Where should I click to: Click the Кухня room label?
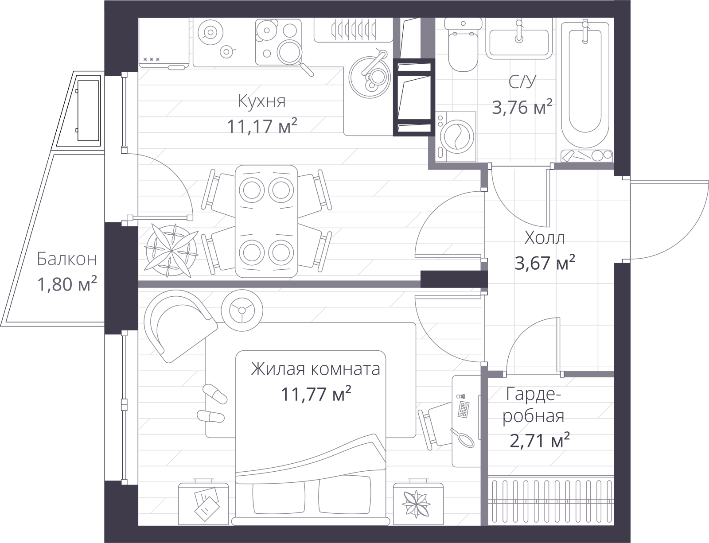[262, 101]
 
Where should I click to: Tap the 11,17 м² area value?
[262, 126]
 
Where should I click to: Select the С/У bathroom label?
[522, 81]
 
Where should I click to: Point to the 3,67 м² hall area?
[545, 263]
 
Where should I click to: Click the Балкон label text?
[67, 259]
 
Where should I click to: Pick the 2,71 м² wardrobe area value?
[540, 441]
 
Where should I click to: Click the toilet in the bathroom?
[464, 44]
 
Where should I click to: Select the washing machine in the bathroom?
[456, 137]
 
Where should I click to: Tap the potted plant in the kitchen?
[171, 251]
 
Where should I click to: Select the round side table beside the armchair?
[242, 310]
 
